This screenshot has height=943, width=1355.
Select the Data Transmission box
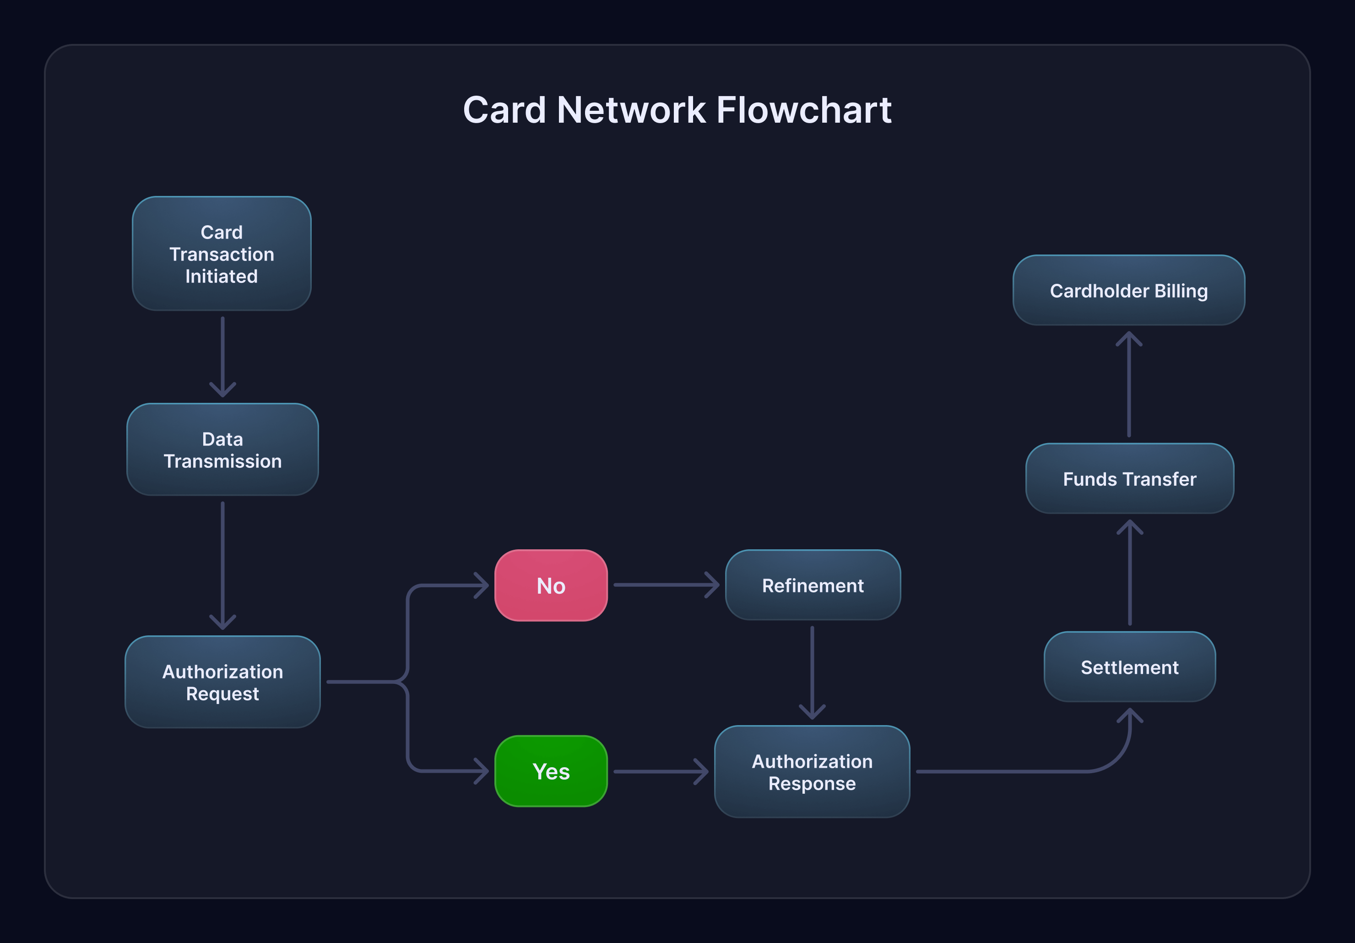pyautogui.click(x=222, y=450)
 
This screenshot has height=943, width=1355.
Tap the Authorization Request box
pyautogui.click(x=222, y=682)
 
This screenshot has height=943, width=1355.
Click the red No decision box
pyautogui.click(x=551, y=585)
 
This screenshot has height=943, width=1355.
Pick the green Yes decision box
pyautogui.click(x=551, y=771)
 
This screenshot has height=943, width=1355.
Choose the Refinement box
pyautogui.click(x=813, y=585)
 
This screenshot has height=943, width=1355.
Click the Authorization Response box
pyautogui.click(x=812, y=772)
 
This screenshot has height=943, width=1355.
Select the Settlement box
pyautogui.click(x=1130, y=667)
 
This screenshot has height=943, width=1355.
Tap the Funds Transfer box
pyautogui.click(x=1130, y=478)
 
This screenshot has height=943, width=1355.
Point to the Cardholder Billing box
pyautogui.click(x=1128, y=290)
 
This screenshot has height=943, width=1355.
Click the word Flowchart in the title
pyautogui.click(x=804, y=110)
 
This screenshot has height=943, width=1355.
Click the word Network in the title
pyautogui.click(x=631, y=110)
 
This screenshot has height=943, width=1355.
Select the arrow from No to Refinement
pyautogui.click(x=666, y=585)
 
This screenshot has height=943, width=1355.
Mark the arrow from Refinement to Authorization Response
pyautogui.click(x=812, y=673)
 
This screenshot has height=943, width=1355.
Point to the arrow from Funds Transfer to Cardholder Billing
pyautogui.click(x=1129, y=384)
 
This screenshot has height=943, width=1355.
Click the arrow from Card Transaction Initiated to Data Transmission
pyautogui.click(x=222, y=357)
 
